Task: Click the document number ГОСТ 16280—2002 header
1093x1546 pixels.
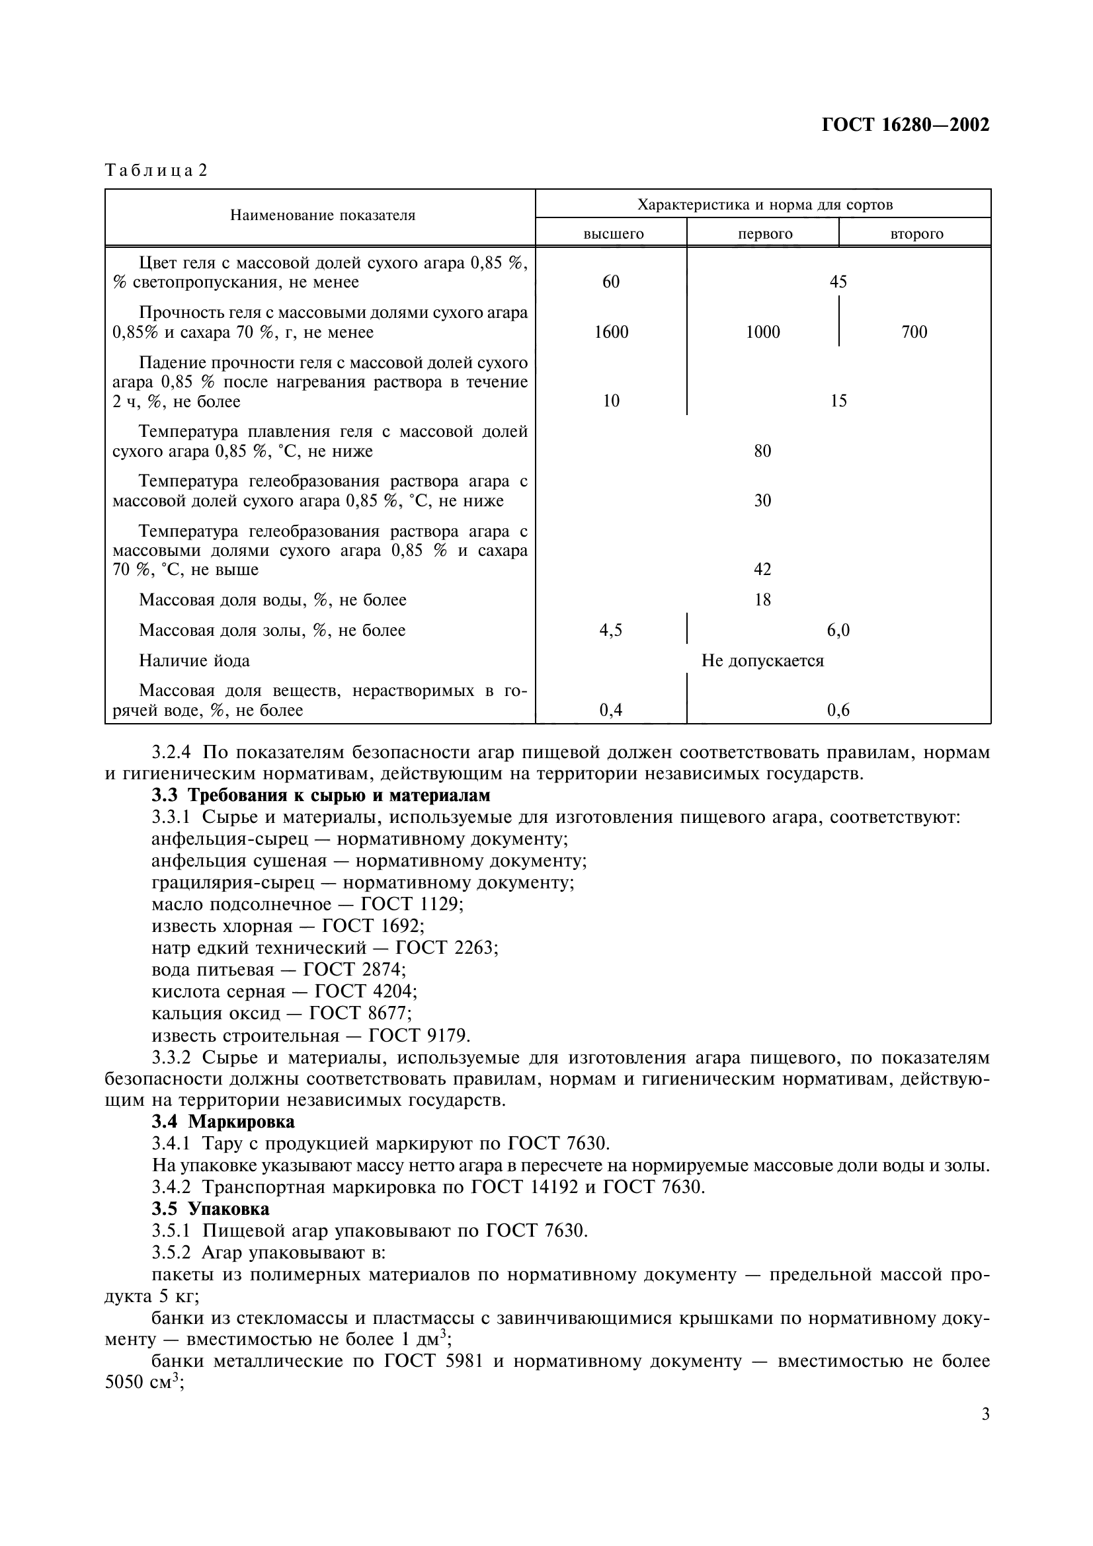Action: coord(905,125)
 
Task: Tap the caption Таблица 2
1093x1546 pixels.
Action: coord(156,171)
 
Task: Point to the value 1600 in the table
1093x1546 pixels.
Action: coord(611,332)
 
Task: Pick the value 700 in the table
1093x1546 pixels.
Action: coord(914,332)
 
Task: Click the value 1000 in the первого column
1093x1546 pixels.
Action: coord(762,332)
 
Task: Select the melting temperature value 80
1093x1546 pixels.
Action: coord(762,451)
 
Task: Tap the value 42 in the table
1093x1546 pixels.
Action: coord(762,570)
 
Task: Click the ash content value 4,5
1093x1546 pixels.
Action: coord(611,631)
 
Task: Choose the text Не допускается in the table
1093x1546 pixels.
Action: coord(762,660)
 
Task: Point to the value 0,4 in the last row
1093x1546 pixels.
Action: coord(611,711)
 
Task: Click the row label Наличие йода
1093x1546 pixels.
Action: coord(194,660)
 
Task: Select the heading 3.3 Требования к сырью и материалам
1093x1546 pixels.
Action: coord(321,795)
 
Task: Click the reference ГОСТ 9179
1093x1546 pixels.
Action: coord(419,1035)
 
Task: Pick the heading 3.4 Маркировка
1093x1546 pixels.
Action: coord(223,1122)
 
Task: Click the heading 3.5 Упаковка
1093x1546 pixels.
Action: coord(210,1209)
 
